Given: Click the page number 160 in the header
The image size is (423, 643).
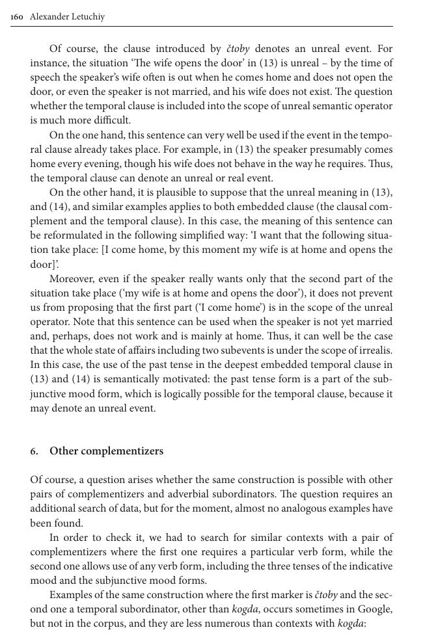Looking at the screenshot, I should pyautogui.click(x=18, y=17).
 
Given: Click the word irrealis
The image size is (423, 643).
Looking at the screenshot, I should pyautogui.click(x=374, y=350).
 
